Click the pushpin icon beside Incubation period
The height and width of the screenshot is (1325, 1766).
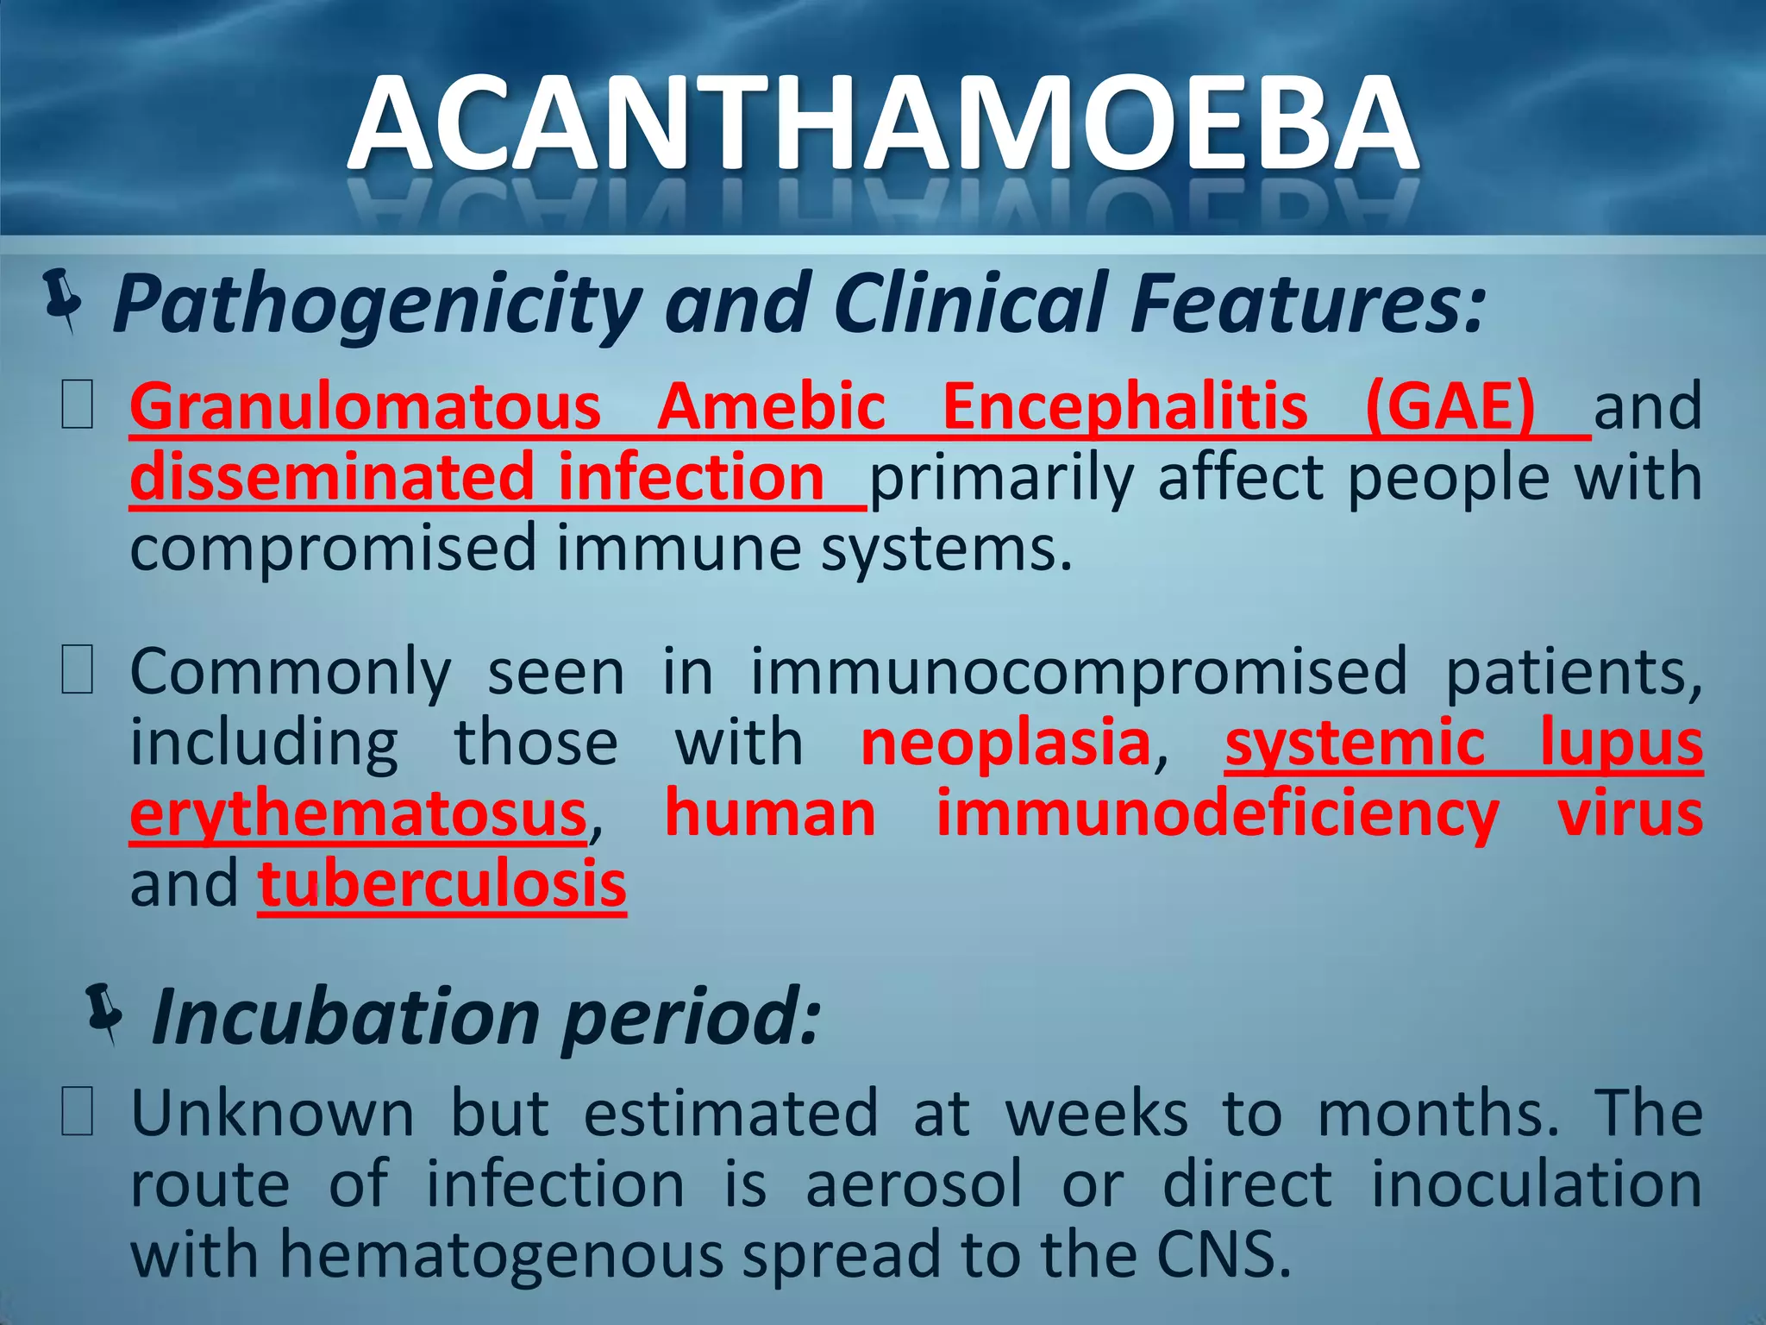(x=105, y=1013)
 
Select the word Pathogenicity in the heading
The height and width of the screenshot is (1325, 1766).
(x=376, y=305)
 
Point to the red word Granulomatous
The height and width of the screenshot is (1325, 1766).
(x=365, y=407)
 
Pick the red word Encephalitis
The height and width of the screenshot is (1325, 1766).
(x=1124, y=407)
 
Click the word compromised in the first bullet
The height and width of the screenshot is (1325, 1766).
(x=333, y=550)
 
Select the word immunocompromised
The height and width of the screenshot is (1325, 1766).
(x=1078, y=672)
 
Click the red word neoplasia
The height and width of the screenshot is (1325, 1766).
(x=1005, y=743)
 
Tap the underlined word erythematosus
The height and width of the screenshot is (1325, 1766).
(x=359, y=815)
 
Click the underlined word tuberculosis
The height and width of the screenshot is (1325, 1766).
(x=441, y=885)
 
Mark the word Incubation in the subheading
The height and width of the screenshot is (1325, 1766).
(x=345, y=1018)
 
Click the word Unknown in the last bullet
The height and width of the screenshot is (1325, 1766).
(x=272, y=1114)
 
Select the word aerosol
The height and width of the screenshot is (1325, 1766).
(x=913, y=1184)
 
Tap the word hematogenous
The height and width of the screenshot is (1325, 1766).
(x=500, y=1255)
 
